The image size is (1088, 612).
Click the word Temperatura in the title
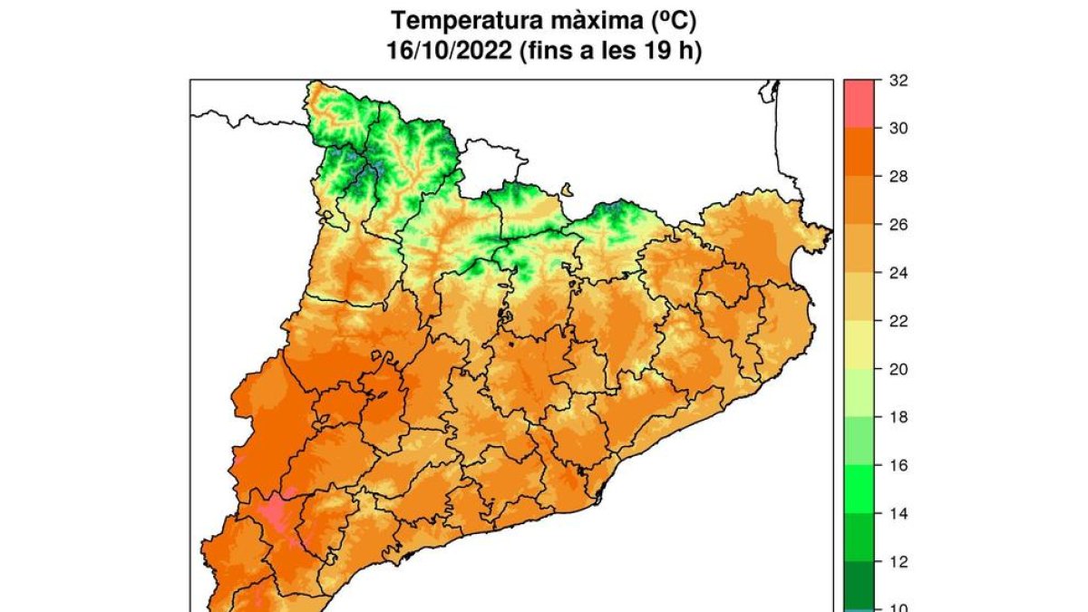pyautogui.click(x=462, y=19)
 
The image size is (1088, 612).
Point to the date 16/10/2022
pyautogui.click(x=445, y=52)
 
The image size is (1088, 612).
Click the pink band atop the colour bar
pyautogui.click(x=860, y=103)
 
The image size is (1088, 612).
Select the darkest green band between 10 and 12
pyautogui.click(x=860, y=585)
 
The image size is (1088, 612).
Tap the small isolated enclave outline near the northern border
pyautogui.click(x=568, y=190)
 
